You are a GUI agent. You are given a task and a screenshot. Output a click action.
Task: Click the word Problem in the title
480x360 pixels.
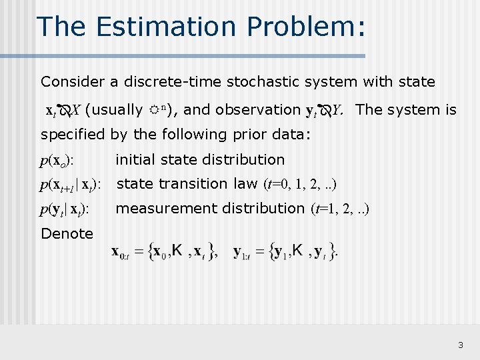coord(301,27)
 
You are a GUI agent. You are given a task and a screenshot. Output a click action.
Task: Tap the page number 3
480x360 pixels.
coord(461,345)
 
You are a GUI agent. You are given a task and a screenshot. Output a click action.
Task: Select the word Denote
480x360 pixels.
coord(67,233)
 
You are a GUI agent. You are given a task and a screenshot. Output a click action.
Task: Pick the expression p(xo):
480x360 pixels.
coord(57,160)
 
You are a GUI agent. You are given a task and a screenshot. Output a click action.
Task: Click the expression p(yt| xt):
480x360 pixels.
coord(65,209)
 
